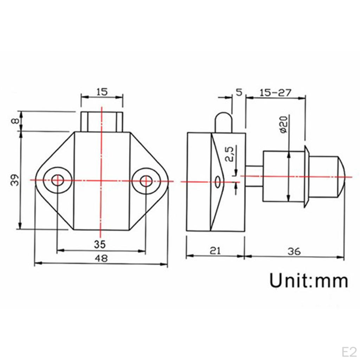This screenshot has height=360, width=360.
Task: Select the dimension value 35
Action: (x=100, y=245)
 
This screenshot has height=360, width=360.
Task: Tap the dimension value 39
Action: (x=15, y=180)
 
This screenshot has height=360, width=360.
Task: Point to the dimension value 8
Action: (x=14, y=121)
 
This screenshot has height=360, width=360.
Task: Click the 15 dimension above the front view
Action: (x=102, y=92)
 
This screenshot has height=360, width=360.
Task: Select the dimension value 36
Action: (x=294, y=251)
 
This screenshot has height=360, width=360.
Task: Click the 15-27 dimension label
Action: (x=275, y=93)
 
